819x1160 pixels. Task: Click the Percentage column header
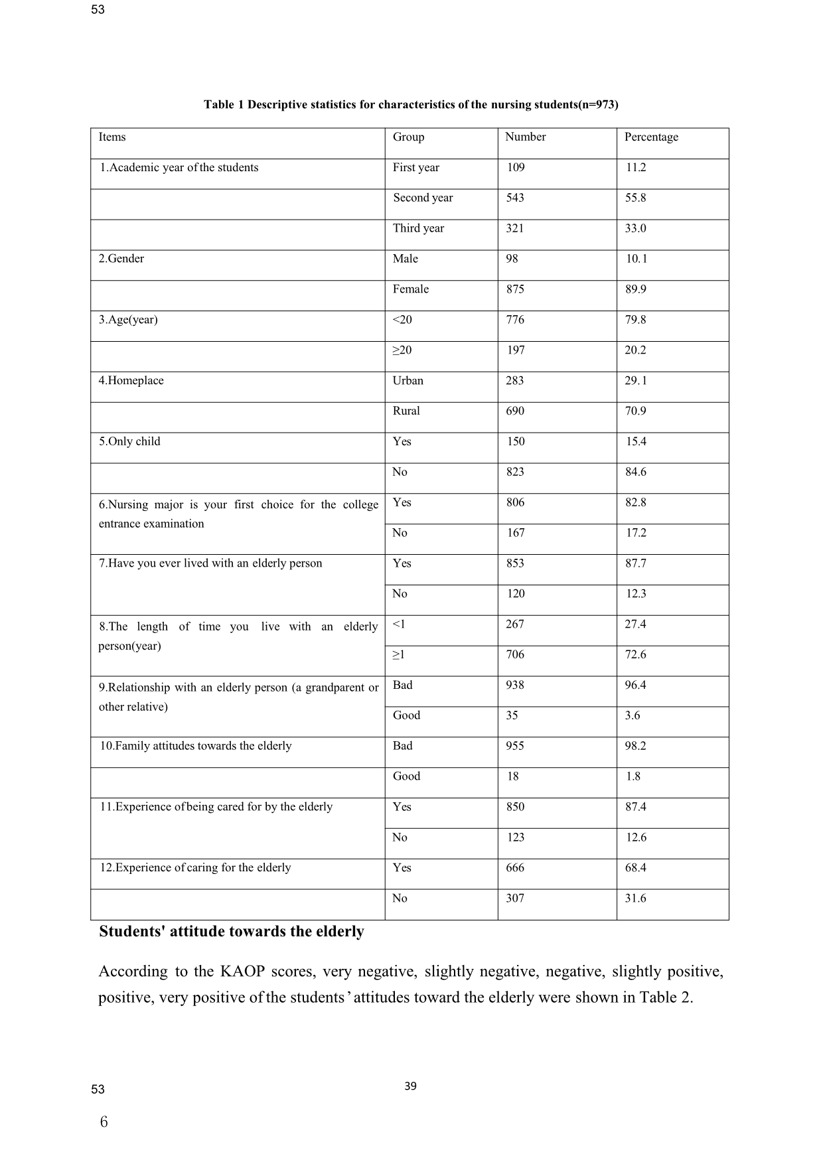click(x=651, y=137)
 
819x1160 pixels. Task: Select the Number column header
click(x=525, y=137)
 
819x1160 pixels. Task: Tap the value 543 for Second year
click(x=514, y=198)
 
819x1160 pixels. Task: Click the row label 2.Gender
click(x=121, y=259)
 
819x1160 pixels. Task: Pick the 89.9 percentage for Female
click(x=635, y=289)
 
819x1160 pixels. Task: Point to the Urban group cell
click(x=408, y=381)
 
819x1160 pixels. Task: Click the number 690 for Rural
click(x=514, y=411)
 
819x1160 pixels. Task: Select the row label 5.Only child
click(x=129, y=442)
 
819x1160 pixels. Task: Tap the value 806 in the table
click(x=515, y=502)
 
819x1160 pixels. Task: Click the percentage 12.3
click(x=636, y=594)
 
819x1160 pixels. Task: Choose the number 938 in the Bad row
click(x=514, y=685)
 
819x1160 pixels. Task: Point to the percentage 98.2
click(x=635, y=746)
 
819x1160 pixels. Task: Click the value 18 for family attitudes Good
click(x=512, y=776)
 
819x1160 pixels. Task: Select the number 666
click(x=514, y=868)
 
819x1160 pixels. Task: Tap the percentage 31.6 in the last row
click(x=635, y=899)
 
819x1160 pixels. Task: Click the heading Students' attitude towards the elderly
click(x=231, y=932)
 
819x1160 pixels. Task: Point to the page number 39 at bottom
click(x=410, y=1086)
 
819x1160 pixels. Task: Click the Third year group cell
click(x=418, y=228)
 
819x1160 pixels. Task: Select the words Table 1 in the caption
click(x=224, y=105)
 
